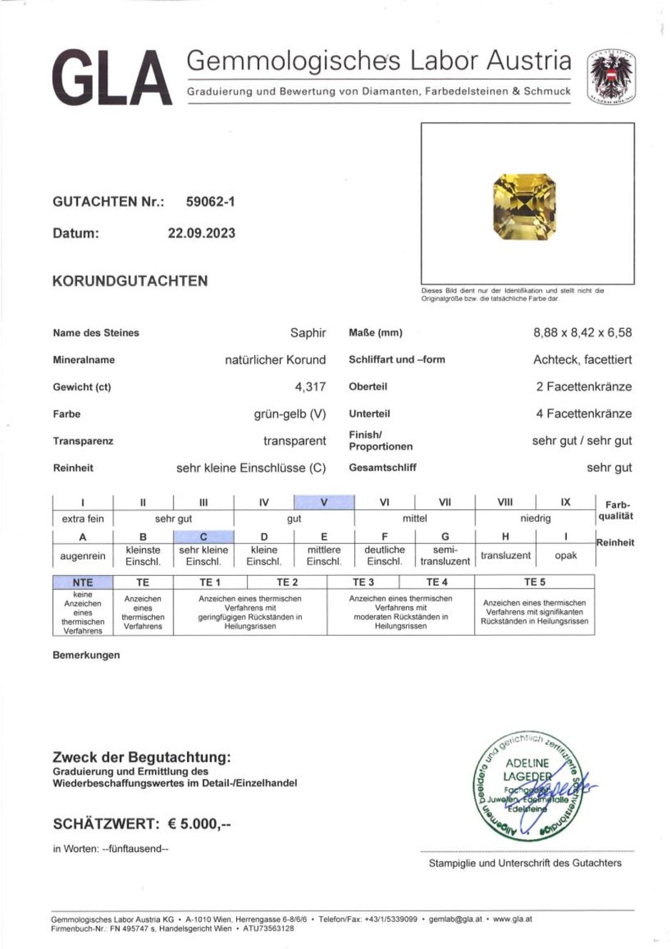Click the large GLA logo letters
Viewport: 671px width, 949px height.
coord(112,78)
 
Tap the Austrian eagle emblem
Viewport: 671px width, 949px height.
coord(611,76)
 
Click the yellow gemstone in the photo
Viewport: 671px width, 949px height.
coord(524,207)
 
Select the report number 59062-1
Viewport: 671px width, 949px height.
coord(210,202)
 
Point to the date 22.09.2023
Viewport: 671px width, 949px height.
coord(201,233)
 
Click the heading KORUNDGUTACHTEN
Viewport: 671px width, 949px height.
coord(130,281)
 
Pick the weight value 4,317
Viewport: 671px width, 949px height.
coord(311,387)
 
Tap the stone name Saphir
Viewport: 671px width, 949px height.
coord(308,333)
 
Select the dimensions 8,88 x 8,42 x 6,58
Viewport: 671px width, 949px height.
coord(582,333)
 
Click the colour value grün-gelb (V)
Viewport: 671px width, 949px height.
coord(290,414)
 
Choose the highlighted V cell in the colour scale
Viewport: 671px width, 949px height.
coord(324,502)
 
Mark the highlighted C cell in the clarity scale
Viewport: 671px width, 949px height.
coord(203,537)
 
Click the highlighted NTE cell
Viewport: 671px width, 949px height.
coord(83,582)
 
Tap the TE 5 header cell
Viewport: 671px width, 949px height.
coord(534,582)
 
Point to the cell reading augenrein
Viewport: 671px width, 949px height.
coord(83,556)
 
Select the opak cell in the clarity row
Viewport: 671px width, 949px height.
coord(565,555)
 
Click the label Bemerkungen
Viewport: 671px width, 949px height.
coord(86,655)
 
